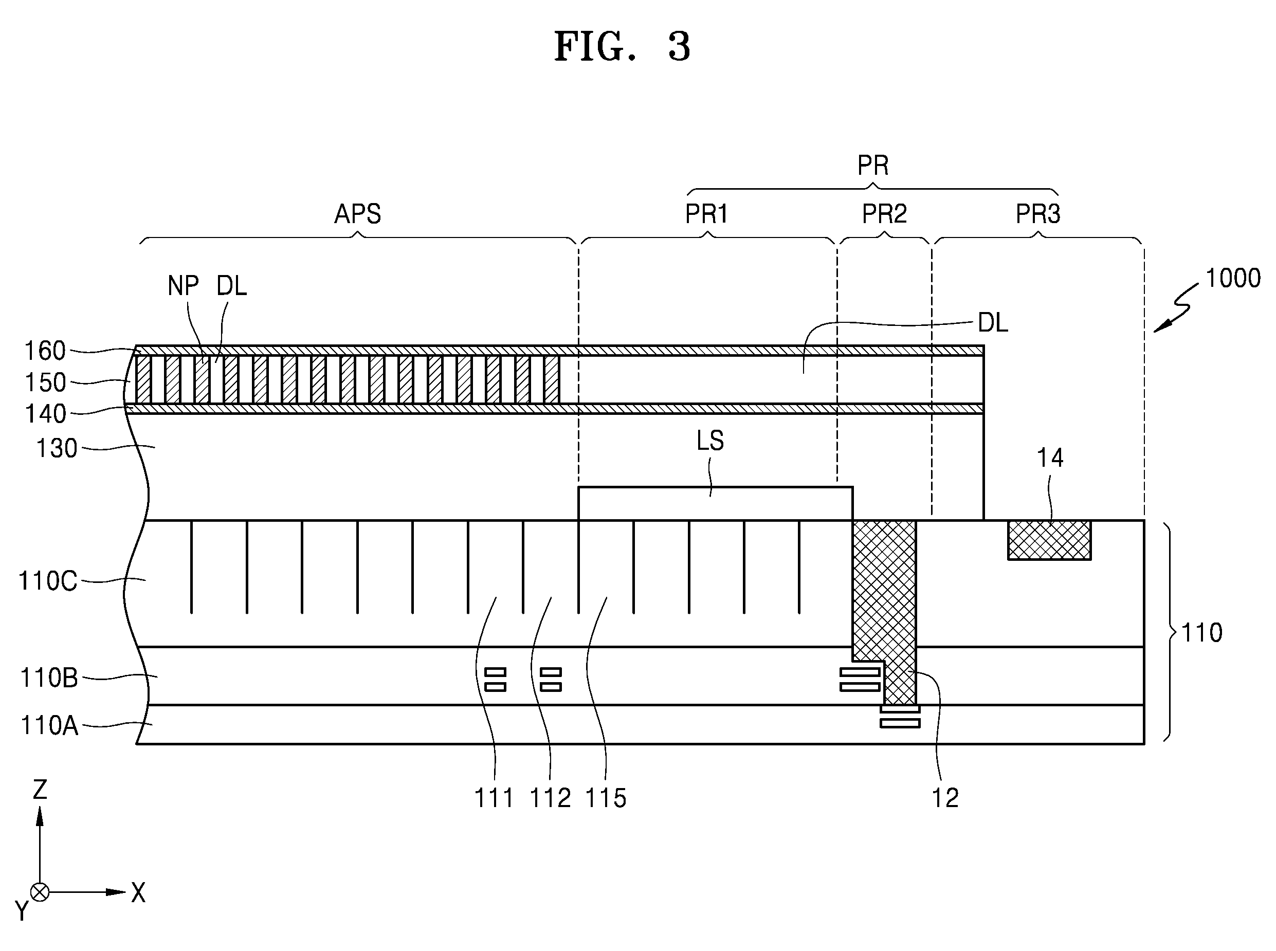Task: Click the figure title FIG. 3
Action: (x=622, y=47)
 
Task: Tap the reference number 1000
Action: (x=1233, y=279)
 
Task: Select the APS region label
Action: (x=357, y=214)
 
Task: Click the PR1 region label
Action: (x=706, y=214)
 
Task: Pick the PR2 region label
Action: (x=884, y=214)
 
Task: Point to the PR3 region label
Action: (x=1038, y=214)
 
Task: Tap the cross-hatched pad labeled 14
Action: (x=1049, y=540)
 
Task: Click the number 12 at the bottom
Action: (x=945, y=798)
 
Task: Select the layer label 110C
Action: (x=48, y=581)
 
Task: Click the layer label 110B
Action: (x=49, y=678)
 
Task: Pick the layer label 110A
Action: (x=49, y=726)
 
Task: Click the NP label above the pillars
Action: (x=183, y=286)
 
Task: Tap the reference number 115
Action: (x=606, y=798)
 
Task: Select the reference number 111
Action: (x=494, y=798)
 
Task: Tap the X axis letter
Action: (x=139, y=893)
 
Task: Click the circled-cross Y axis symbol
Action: (x=40, y=892)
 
